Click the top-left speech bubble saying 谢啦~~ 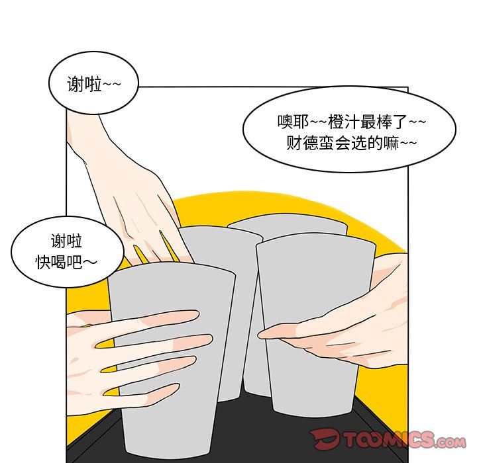(93, 83)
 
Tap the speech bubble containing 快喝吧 (68, 252)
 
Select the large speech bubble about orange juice (349, 130)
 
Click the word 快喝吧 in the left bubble (59, 261)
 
